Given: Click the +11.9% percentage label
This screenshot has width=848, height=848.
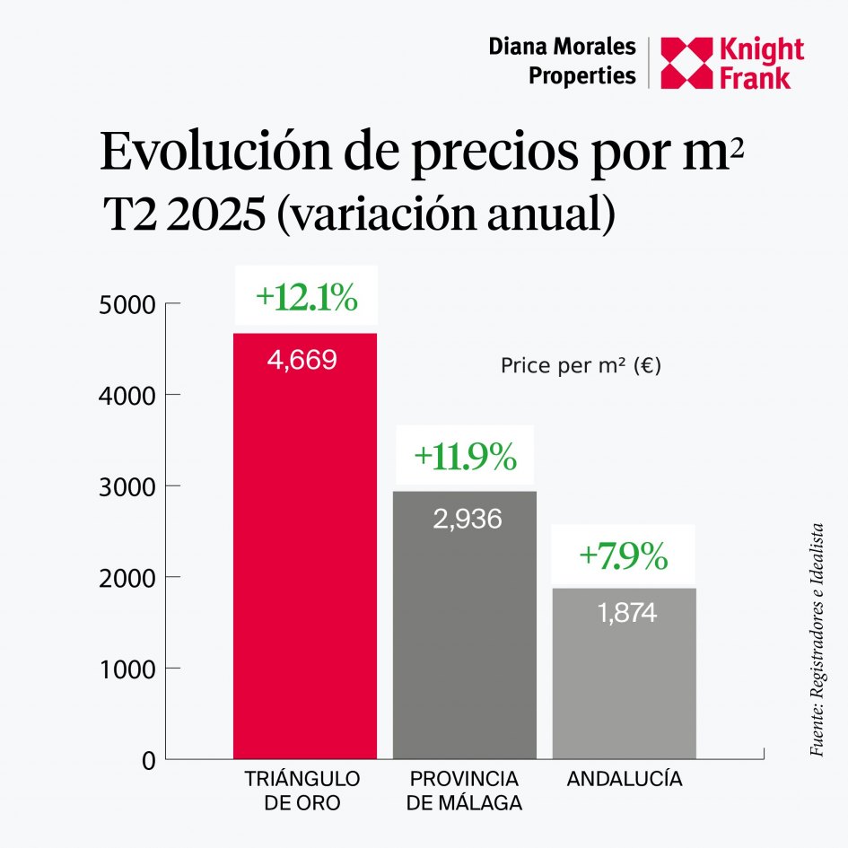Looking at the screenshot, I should (x=465, y=457).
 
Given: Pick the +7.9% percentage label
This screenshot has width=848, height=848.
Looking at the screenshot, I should (x=624, y=556).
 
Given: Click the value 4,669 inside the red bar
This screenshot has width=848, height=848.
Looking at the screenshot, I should (x=303, y=361).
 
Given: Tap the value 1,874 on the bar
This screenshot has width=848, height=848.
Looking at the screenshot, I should (x=626, y=613).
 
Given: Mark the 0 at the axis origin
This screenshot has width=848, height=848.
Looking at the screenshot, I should (x=148, y=761).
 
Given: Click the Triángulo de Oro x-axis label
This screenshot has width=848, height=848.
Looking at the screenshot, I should (x=302, y=790).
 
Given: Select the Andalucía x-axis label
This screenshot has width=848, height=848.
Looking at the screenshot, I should (x=625, y=778).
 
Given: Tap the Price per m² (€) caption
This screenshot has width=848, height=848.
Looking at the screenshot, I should (x=581, y=366).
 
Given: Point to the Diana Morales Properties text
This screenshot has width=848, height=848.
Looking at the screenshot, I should (x=562, y=61).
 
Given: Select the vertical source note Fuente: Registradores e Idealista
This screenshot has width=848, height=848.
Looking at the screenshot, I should (x=817, y=639).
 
